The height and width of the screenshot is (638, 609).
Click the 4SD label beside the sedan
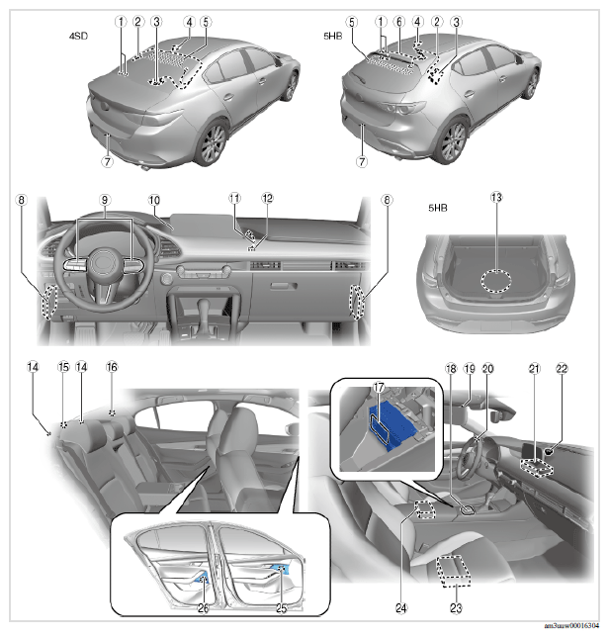(78, 36)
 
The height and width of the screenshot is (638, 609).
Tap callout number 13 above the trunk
(496, 198)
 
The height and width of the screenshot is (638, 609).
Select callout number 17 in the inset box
(379, 388)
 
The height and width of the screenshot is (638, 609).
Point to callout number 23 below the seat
(456, 608)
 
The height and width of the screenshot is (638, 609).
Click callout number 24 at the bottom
(400, 608)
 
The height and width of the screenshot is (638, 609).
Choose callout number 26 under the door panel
(203, 608)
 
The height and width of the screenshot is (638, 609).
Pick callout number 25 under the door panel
(282, 608)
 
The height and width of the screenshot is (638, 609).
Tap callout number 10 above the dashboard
(154, 200)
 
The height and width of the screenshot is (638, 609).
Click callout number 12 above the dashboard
(267, 198)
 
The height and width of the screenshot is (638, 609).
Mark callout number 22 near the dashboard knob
(562, 369)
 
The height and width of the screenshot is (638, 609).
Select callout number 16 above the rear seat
(112, 367)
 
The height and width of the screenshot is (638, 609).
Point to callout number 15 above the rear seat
(63, 367)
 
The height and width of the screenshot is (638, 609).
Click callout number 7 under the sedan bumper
(107, 161)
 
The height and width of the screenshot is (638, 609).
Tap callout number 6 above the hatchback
(399, 22)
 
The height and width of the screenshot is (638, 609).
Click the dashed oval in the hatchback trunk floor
(496, 281)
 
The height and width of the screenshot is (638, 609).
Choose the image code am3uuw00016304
(571, 626)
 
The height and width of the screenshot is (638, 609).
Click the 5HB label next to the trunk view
(437, 208)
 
